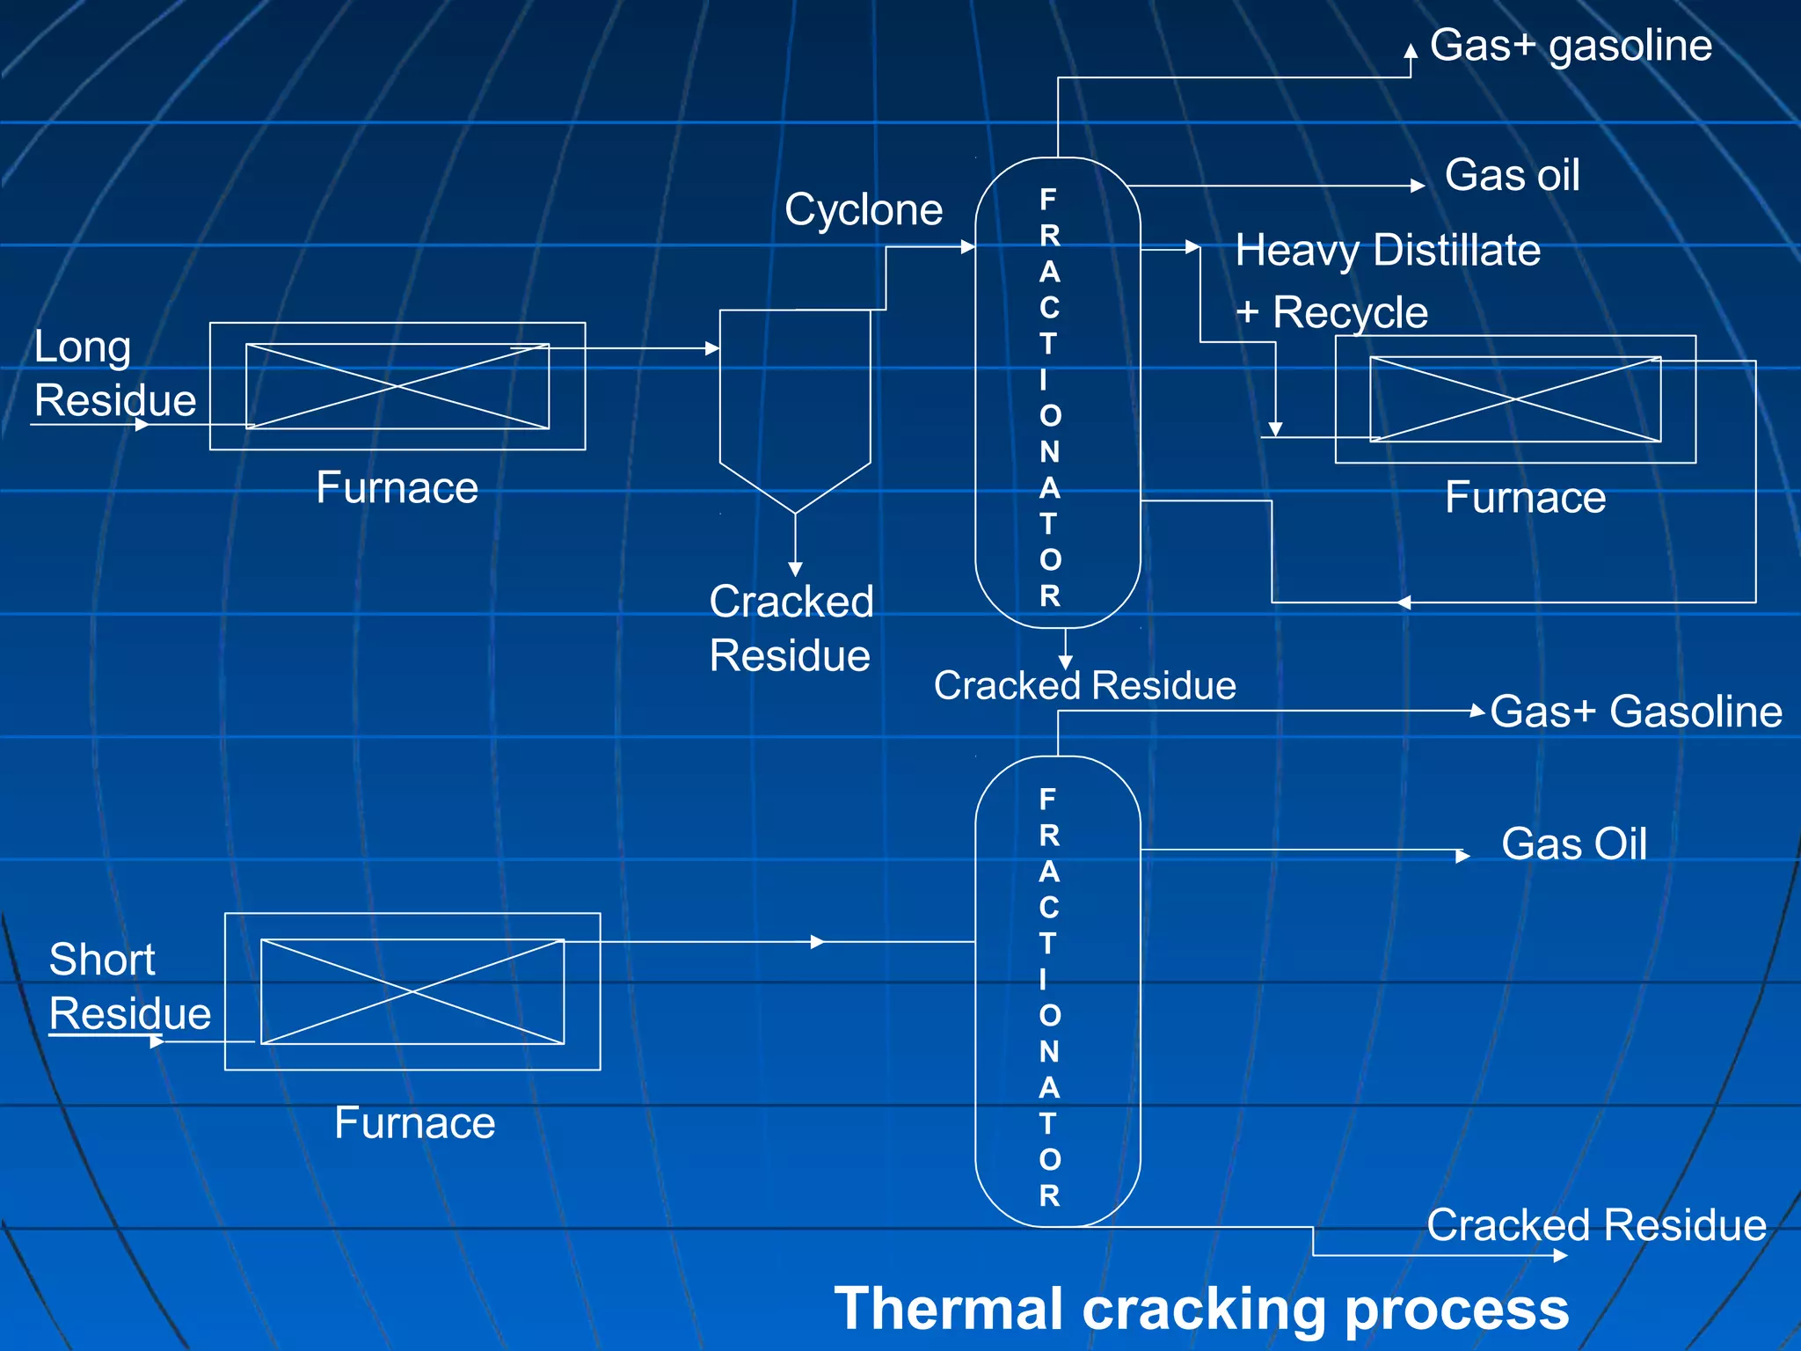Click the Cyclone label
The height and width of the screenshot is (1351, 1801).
(863, 210)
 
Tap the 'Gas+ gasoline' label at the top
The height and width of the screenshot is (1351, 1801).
(1571, 46)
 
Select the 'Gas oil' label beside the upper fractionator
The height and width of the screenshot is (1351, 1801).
(1512, 175)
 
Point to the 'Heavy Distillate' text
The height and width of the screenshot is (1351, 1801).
(1388, 251)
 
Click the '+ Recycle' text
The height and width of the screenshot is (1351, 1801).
(1331, 313)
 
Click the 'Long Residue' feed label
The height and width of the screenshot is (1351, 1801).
(114, 374)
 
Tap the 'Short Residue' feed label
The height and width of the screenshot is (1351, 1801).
(129, 986)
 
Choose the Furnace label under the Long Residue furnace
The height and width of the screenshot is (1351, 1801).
(397, 488)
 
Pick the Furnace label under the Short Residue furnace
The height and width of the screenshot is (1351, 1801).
(414, 1123)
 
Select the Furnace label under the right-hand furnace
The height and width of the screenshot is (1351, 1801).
(1525, 498)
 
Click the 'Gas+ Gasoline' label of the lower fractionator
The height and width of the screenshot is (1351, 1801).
(1636, 712)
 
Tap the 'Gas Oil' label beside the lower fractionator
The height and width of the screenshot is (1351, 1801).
(1573, 844)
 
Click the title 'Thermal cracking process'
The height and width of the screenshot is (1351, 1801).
(1201, 1309)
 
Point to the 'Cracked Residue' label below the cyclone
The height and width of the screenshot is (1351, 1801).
(791, 629)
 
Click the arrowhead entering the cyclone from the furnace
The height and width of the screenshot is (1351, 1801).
(712, 348)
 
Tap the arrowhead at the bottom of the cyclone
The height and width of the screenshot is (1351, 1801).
(795, 569)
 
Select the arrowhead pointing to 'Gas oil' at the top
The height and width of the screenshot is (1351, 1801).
(1417, 186)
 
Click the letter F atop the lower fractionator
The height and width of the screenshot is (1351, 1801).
(1047, 799)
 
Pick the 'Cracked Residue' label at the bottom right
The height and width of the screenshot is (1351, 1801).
(1596, 1225)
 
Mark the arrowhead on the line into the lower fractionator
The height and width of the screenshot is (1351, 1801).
(817, 942)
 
